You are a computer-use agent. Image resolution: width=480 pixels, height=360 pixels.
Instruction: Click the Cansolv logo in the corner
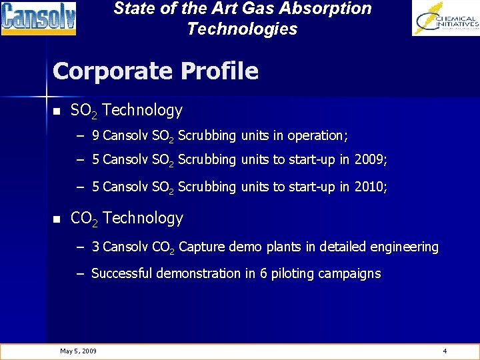39,19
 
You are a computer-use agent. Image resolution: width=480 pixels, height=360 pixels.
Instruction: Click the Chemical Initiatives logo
445,19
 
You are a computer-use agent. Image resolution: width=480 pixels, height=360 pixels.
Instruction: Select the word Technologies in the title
242,29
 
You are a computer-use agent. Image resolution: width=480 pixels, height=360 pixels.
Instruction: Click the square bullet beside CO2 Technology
56,219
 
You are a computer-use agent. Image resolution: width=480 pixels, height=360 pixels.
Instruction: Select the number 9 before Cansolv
96,136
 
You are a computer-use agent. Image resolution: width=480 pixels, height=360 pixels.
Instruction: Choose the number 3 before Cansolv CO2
96,247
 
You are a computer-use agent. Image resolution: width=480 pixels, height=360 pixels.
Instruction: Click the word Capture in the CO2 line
202,247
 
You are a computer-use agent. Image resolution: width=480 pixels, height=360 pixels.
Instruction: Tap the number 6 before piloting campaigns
274,273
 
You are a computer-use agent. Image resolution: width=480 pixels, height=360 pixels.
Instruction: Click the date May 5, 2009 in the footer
78,351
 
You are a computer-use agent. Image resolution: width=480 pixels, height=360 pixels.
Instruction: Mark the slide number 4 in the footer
445,351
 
